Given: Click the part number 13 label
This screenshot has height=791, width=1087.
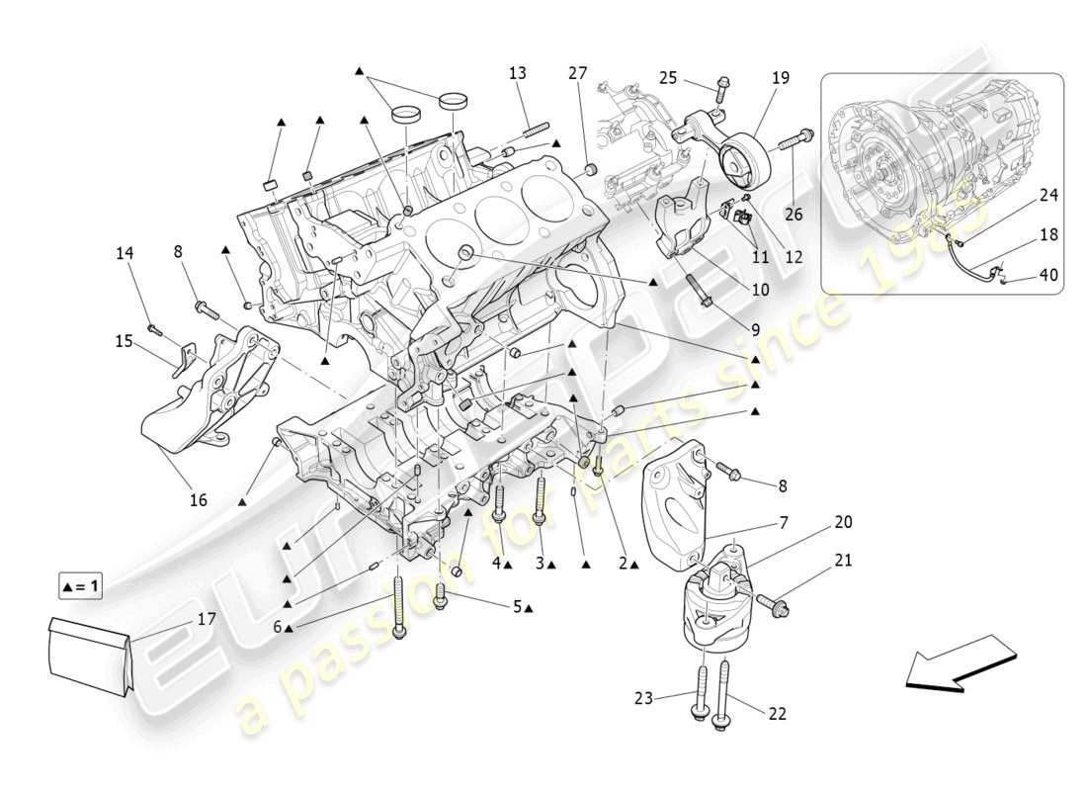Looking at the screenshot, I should (x=518, y=73).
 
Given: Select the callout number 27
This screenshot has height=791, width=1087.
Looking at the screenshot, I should (x=578, y=72).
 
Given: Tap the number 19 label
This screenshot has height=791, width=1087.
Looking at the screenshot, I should (x=781, y=77).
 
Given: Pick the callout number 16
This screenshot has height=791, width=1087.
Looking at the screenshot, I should (x=199, y=500).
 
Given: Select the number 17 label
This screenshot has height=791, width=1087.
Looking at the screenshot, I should (x=207, y=620).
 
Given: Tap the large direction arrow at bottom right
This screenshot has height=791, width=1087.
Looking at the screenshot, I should (x=960, y=663).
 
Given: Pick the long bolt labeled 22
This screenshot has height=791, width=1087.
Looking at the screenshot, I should (x=725, y=692).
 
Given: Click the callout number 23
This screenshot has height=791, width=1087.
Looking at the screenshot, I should (x=644, y=698).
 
